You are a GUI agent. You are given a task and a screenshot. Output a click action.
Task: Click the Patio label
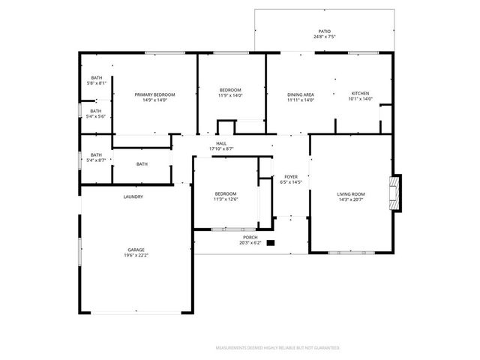[324, 31]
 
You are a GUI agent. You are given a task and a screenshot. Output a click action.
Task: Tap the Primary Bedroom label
[154, 94]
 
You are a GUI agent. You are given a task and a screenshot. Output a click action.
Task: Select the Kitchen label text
[360, 94]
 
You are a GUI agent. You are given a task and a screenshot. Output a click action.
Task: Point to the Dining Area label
[300, 94]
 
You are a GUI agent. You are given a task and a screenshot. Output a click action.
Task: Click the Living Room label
[350, 194]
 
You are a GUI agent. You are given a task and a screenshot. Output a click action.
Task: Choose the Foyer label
[290, 177]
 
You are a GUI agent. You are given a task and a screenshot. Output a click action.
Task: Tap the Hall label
[221, 143]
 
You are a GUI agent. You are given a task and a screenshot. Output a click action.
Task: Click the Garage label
[136, 250]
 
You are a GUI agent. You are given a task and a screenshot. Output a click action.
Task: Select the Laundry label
[133, 196]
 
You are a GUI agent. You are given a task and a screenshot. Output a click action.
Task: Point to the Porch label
[250, 237]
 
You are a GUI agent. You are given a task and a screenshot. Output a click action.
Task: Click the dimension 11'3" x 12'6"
[226, 199]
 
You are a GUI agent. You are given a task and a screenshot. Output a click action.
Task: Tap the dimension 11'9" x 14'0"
[230, 96]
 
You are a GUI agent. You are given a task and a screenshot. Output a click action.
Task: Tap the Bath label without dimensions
[142, 164]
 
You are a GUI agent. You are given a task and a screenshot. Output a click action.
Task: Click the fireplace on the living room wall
[394, 192]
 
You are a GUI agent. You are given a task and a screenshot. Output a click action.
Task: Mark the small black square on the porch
[271, 242]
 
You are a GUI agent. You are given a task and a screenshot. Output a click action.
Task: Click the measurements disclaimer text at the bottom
[277, 348]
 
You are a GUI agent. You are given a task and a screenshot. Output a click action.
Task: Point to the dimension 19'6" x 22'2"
[136, 256]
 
